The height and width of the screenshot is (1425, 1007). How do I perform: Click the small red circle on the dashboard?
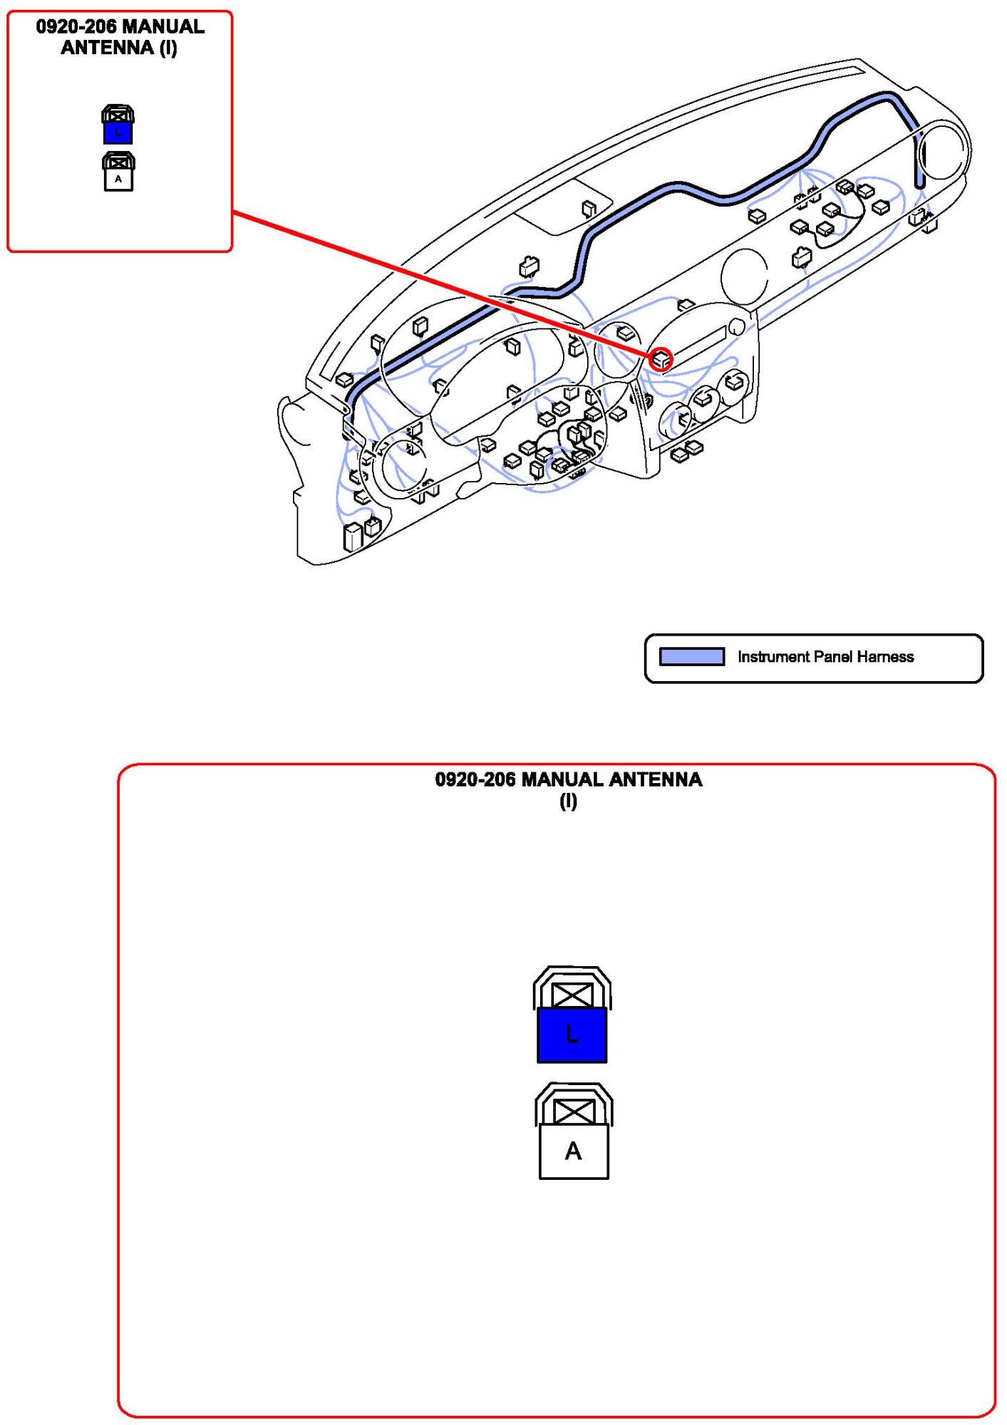(661, 359)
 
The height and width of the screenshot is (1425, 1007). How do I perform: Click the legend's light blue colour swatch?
(691, 656)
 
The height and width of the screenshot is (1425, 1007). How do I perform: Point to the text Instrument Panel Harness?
(825, 657)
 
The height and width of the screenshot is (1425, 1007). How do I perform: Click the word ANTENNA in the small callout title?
(107, 48)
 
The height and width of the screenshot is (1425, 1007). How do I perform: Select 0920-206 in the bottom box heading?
(475, 779)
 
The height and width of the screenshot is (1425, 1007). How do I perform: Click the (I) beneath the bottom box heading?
(568, 802)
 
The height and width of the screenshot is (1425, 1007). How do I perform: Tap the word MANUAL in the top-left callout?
(163, 27)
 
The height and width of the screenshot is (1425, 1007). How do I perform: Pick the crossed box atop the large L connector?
(572, 995)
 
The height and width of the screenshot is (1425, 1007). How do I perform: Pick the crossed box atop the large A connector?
(574, 1111)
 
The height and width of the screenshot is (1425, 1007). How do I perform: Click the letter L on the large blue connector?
(572, 1034)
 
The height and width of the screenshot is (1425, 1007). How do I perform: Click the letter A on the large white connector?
(574, 1151)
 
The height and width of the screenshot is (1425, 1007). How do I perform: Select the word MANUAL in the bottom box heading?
(562, 779)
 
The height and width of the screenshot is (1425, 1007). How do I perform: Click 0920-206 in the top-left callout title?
(76, 27)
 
